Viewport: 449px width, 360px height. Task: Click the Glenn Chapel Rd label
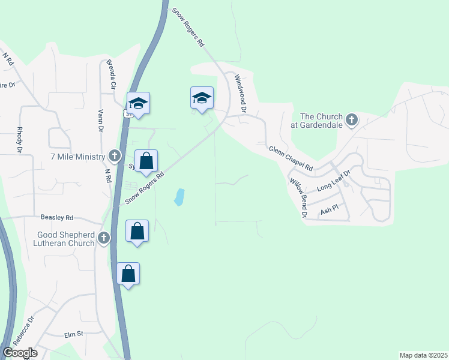click(x=291, y=158)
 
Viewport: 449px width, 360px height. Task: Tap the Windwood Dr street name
click(x=241, y=93)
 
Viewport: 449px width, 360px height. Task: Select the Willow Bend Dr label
click(x=298, y=197)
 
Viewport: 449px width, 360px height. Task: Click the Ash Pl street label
click(x=330, y=211)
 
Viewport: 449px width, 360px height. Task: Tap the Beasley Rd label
click(x=57, y=217)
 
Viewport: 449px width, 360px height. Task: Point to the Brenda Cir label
click(x=110, y=74)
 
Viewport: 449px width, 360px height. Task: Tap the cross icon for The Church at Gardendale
click(x=352, y=121)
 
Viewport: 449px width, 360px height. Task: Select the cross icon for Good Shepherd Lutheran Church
click(x=104, y=239)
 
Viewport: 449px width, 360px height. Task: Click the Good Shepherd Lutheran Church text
click(x=66, y=239)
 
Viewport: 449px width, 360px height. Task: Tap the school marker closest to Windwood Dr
click(x=202, y=98)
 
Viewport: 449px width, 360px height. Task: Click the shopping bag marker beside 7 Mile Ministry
click(x=146, y=161)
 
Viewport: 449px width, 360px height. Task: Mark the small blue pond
click(x=179, y=197)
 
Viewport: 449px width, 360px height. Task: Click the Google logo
click(x=20, y=353)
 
